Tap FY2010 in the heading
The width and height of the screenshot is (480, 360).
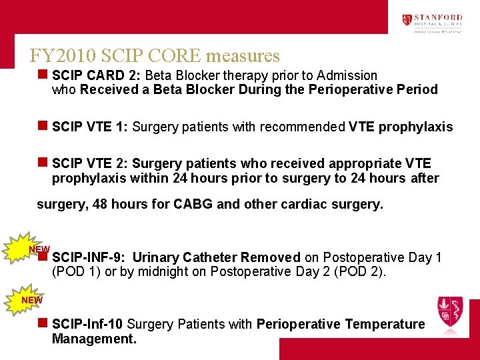[61, 55]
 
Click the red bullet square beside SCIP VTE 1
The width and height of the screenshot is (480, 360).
[42, 126]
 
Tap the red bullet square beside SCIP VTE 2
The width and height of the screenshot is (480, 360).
[42, 163]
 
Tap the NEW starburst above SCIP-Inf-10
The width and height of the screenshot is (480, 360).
[31, 300]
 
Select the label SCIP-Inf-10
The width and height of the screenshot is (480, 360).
[87, 324]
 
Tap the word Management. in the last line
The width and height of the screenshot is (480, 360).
[94, 339]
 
